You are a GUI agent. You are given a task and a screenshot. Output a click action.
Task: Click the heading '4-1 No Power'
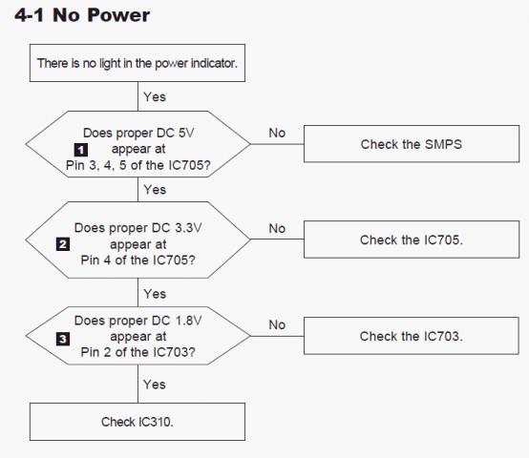[82, 15]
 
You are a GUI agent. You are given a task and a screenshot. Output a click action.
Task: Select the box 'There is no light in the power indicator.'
[138, 63]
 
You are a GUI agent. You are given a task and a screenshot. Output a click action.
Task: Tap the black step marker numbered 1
[81, 150]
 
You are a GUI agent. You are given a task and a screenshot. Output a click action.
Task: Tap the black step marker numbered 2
[63, 244]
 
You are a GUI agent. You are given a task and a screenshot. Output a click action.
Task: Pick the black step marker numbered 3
[63, 339]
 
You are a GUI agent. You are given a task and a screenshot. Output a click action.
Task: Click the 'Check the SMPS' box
[412, 144]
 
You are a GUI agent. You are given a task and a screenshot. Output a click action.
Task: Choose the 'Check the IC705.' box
[412, 239]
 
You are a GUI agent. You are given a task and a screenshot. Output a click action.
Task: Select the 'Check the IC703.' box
[412, 336]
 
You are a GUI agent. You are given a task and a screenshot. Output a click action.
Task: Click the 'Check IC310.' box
[138, 422]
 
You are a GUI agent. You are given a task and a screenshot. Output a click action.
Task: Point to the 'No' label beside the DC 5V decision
[277, 133]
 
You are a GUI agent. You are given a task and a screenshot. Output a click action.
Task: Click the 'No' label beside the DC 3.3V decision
[277, 228]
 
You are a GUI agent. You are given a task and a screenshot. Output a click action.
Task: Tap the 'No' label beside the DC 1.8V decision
[277, 324]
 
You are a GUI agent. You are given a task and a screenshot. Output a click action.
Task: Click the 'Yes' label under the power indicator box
[155, 96]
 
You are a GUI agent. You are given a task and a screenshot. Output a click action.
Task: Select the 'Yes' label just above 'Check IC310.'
[154, 385]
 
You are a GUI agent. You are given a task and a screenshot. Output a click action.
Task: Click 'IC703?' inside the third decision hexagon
[174, 352]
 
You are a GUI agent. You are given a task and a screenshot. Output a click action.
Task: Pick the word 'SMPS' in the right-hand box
[443, 144]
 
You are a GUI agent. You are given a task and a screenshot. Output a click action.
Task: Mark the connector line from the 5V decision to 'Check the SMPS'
[277, 144]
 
